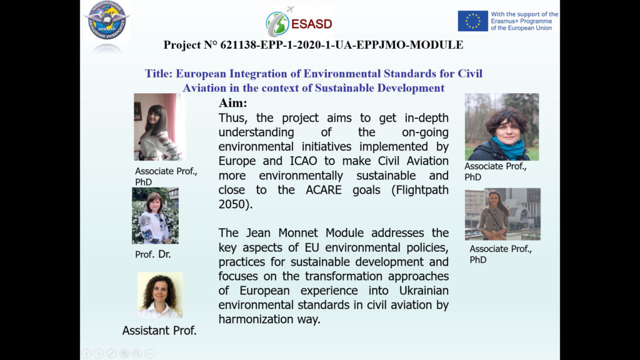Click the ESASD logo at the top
[299, 22]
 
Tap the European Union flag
[472, 21]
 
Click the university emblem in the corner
[107, 21]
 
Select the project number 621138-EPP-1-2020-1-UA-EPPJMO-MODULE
[342, 45]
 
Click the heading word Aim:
[232, 103]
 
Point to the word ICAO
[303, 161]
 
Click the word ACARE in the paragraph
[323, 190]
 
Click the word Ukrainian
[424, 291]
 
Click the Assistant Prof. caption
[159, 331]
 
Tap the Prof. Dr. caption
[152, 254]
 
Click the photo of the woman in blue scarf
[502, 127]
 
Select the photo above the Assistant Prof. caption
[160, 295]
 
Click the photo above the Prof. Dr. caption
[155, 216]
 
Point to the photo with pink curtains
[159, 127]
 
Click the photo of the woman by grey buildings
[502, 214]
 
